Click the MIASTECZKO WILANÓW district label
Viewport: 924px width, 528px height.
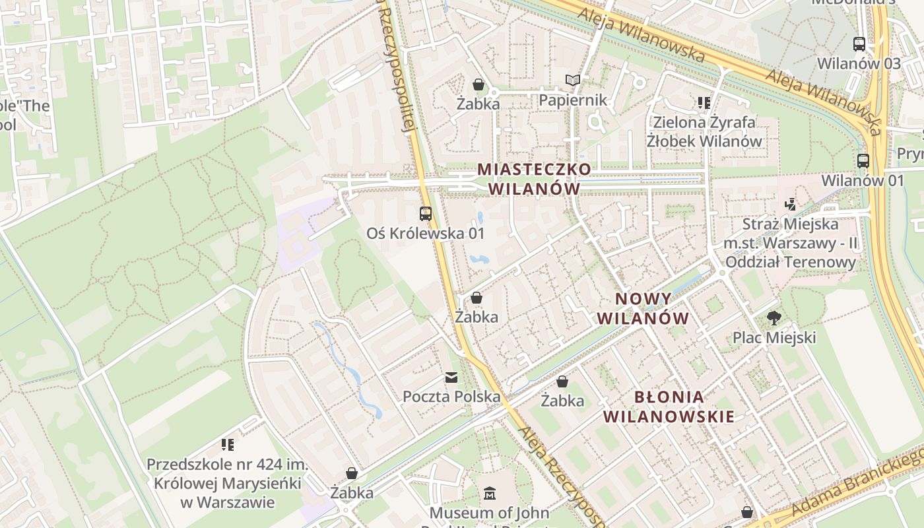(x=534, y=179)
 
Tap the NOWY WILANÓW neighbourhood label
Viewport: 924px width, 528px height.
(x=643, y=309)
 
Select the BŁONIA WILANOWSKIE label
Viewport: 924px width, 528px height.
(x=669, y=407)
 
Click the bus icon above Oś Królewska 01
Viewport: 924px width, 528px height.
(x=426, y=214)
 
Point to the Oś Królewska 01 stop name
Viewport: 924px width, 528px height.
(x=426, y=233)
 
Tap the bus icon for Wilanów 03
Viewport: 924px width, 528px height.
(x=859, y=44)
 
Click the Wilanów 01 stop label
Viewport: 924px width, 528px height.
(x=862, y=180)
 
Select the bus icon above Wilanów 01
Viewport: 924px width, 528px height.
(x=863, y=160)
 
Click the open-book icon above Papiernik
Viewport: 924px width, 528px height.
(x=572, y=81)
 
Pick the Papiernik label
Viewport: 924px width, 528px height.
(x=572, y=100)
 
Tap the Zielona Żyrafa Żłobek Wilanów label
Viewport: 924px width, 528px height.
(x=704, y=131)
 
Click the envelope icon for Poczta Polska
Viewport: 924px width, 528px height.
(x=451, y=378)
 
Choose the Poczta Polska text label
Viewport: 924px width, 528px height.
(x=451, y=397)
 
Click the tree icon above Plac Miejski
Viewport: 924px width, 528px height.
(x=774, y=319)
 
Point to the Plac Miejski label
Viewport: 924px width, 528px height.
(x=774, y=338)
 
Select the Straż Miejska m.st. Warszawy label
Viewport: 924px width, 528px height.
(x=790, y=243)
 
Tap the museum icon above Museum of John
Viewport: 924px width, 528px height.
(x=490, y=494)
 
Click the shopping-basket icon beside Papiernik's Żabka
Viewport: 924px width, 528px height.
(x=478, y=84)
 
